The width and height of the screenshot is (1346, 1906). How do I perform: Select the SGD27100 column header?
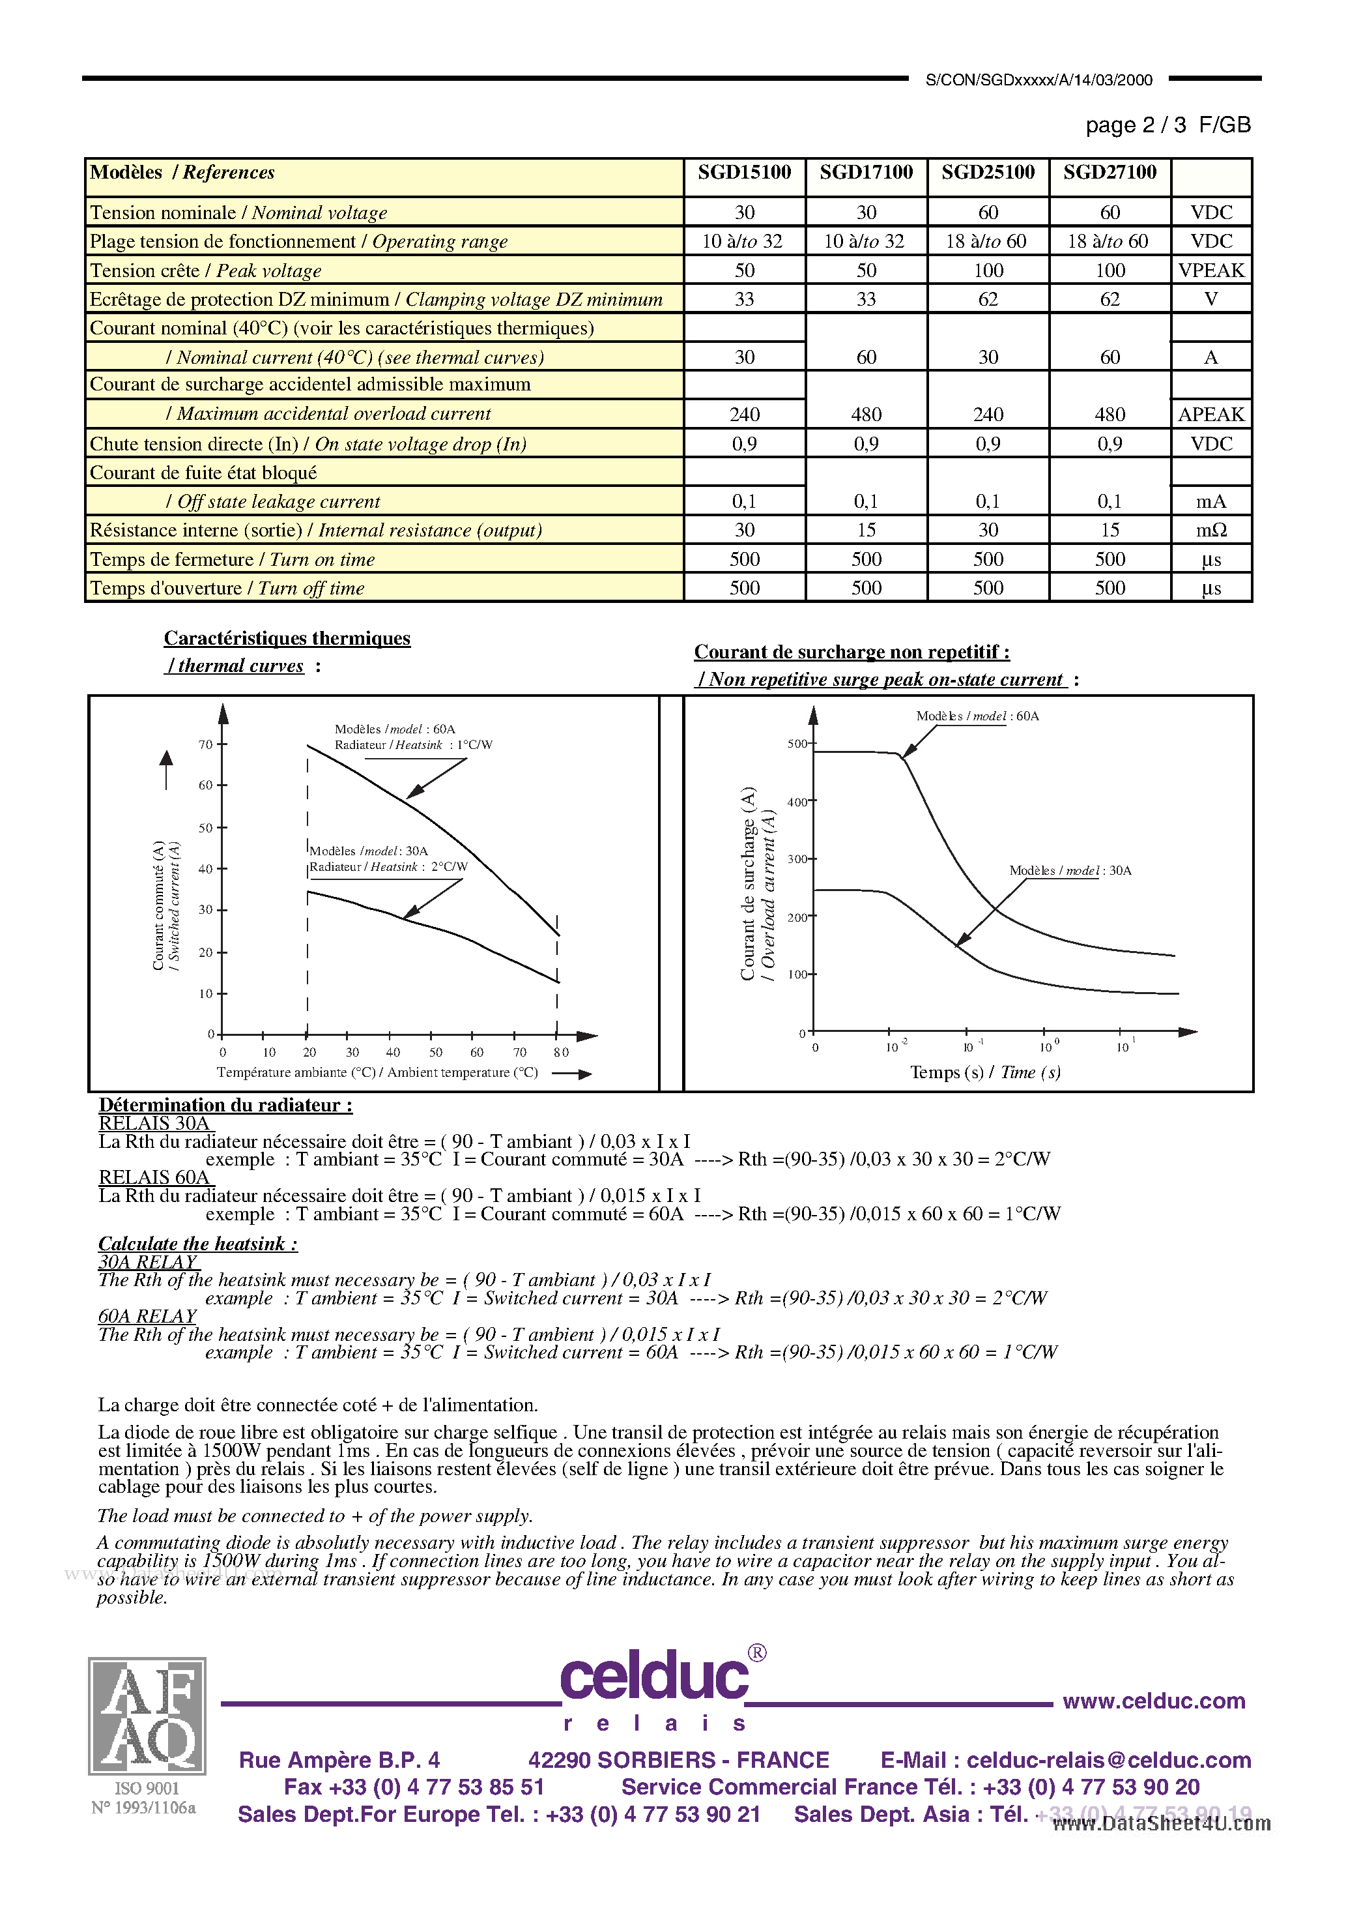click(x=1110, y=173)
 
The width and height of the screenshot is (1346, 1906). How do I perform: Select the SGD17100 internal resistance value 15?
click(x=866, y=530)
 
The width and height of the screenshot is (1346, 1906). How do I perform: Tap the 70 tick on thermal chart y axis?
click(x=206, y=744)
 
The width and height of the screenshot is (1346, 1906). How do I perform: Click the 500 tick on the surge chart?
click(x=797, y=744)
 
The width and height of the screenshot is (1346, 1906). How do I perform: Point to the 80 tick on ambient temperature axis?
click(x=561, y=1053)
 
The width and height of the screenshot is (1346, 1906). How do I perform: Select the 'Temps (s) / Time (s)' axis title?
click(x=985, y=1072)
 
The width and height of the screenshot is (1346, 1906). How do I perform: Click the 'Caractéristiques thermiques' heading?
click(x=287, y=638)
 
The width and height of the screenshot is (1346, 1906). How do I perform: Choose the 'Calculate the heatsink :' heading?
click(x=197, y=1244)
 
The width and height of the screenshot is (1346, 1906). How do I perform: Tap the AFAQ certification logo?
click(x=147, y=1716)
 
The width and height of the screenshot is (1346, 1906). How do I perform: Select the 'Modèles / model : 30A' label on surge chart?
click(x=1070, y=871)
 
